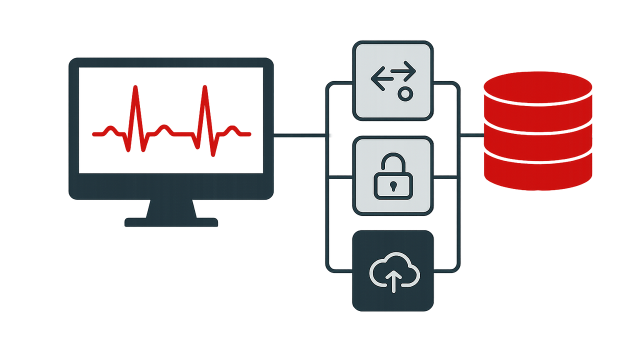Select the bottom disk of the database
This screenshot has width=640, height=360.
(x=538, y=172)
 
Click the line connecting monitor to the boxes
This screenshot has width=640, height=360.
(x=300, y=135)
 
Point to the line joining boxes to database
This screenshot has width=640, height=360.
(x=471, y=134)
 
